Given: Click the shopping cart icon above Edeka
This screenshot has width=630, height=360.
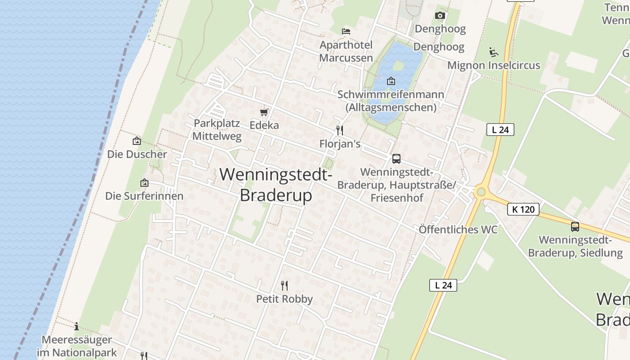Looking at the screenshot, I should click(x=264, y=112).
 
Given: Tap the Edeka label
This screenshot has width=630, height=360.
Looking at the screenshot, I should click(x=264, y=125).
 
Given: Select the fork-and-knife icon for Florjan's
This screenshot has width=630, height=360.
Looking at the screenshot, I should click(x=340, y=130).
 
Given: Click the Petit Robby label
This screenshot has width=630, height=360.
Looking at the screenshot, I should click(x=284, y=299).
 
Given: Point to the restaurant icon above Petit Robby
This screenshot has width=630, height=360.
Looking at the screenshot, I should click(x=284, y=285).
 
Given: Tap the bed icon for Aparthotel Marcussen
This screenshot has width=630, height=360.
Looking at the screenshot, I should click(x=346, y=31).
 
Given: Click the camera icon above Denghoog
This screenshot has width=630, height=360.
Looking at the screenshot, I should click(x=440, y=16).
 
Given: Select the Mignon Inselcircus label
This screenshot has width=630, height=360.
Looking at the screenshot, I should click(x=494, y=65).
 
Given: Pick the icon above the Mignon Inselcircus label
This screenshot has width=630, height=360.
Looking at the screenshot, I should click(x=494, y=52).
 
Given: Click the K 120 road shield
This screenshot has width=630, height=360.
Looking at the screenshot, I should click(x=523, y=209).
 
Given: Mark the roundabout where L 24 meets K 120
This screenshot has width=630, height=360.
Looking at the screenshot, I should click(x=481, y=193).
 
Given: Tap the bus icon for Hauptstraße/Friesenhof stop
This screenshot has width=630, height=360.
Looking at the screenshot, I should click(x=396, y=158).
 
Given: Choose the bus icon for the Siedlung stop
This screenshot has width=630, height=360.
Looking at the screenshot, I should click(x=575, y=226).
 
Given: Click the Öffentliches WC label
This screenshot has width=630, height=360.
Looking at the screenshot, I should click(x=458, y=229).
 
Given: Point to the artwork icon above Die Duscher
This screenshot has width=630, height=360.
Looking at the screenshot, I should click(x=137, y=141).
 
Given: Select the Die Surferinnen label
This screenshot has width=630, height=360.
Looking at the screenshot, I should click(x=144, y=196).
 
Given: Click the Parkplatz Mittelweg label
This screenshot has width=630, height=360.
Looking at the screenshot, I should click(x=217, y=130).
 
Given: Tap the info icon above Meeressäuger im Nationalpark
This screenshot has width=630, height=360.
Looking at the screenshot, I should click(x=76, y=326).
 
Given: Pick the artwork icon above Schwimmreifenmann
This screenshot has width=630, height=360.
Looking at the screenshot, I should click(x=391, y=81).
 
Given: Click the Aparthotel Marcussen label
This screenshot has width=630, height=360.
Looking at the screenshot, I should click(x=346, y=51).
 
